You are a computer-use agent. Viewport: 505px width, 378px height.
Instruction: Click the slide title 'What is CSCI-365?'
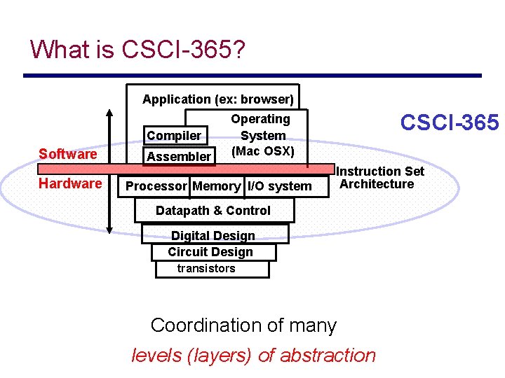137,50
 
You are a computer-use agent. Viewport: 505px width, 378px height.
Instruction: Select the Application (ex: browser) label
217,99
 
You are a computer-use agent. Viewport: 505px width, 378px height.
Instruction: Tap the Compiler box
174,135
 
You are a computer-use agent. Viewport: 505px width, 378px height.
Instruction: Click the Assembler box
179,156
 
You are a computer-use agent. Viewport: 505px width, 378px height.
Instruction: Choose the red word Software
68,154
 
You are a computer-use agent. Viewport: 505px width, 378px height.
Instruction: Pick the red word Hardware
70,183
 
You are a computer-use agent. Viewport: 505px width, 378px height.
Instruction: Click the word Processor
156,186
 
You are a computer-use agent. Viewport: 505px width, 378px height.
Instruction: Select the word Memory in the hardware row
216,186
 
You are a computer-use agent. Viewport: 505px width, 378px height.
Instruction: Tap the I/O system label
279,186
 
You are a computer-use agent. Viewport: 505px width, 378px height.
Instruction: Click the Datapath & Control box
213,211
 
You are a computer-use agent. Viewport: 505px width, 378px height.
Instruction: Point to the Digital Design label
213,236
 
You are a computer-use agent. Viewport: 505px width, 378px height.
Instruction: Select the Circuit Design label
210,252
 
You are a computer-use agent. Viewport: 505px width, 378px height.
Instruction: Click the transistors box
207,269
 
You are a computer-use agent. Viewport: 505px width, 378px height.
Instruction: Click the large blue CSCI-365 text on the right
449,123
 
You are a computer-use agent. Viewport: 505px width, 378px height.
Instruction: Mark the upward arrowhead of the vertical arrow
109,113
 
